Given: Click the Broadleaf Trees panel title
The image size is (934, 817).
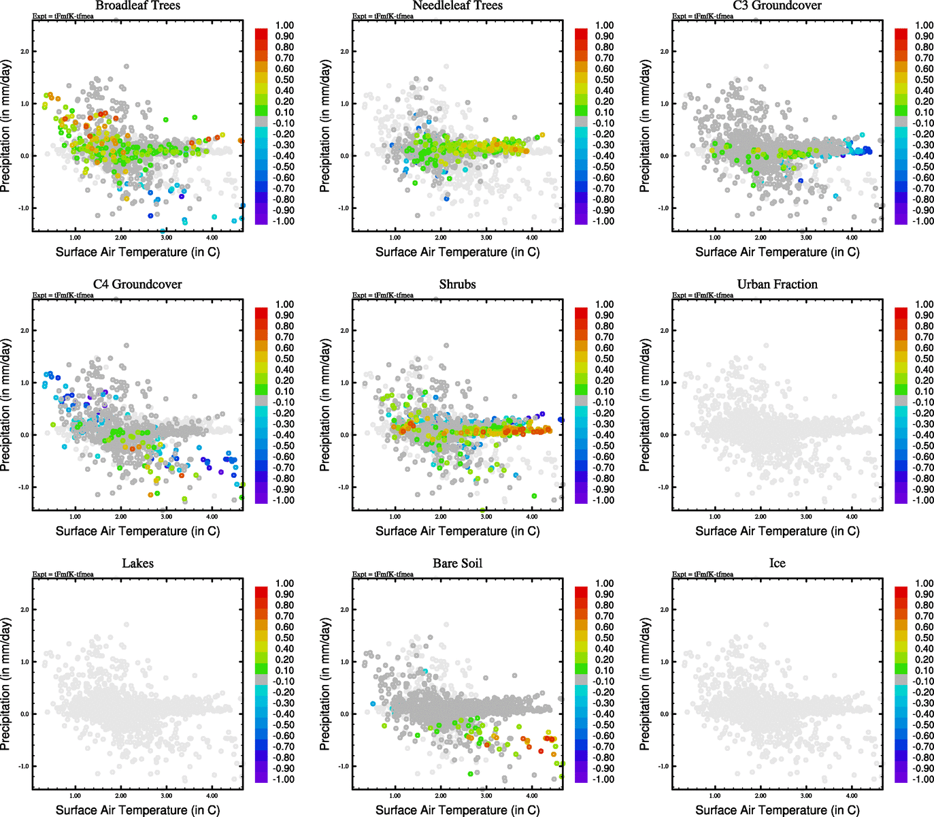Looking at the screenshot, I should pyautogui.click(x=137, y=6).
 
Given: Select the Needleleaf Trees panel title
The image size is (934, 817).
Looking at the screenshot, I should pyautogui.click(x=457, y=6).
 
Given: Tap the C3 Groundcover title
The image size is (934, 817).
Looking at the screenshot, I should pyautogui.click(x=777, y=6).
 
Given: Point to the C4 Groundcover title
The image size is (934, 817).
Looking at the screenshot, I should pyautogui.click(x=137, y=285).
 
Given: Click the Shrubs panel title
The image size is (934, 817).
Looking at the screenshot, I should pyautogui.click(x=457, y=285).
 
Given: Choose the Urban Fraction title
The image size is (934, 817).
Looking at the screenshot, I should pyautogui.click(x=777, y=285).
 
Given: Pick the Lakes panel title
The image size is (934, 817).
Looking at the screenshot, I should pyautogui.click(x=137, y=564).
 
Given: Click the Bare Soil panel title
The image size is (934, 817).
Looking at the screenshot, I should pyautogui.click(x=457, y=564).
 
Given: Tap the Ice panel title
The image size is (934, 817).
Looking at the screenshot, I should pyautogui.click(x=777, y=564).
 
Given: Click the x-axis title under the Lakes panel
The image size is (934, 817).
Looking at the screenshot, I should pyautogui.click(x=137, y=810).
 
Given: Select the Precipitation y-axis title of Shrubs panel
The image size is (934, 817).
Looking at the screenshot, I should pyautogui.click(x=325, y=405).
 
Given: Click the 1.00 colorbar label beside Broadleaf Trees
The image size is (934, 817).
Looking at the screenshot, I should pyautogui.click(x=284, y=25).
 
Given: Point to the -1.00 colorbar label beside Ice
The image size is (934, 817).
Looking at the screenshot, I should pyautogui.click(x=923, y=780).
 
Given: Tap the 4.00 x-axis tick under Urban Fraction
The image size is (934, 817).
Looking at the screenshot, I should pyautogui.click(x=852, y=517).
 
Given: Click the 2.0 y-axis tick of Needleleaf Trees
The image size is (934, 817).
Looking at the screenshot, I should pyautogui.click(x=344, y=52).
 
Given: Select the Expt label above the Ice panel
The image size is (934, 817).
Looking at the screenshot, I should pyautogui.click(x=703, y=575).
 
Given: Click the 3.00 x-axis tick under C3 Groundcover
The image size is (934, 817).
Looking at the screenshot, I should pyautogui.click(x=806, y=238).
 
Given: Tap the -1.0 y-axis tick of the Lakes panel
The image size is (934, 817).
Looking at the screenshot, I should pyautogui.click(x=24, y=767).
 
